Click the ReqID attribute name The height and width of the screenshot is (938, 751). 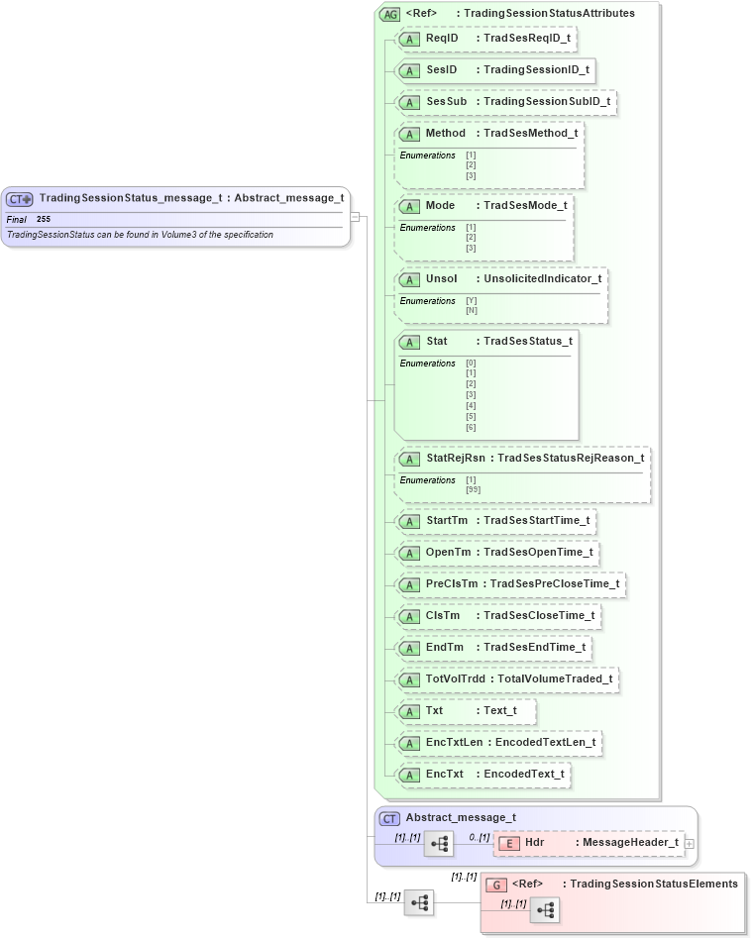click(442, 38)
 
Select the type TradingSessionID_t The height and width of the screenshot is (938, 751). click(536, 69)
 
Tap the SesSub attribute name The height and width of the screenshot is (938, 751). click(446, 101)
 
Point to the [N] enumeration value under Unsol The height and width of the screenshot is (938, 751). click(471, 310)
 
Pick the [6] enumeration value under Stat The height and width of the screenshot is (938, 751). click(471, 427)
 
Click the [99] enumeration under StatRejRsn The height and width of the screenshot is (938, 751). click(473, 489)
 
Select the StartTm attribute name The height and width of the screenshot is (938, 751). click(447, 520)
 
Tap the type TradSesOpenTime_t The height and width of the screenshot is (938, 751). click(538, 552)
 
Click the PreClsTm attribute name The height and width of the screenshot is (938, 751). click(452, 583)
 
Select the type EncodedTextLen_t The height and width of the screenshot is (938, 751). click(545, 742)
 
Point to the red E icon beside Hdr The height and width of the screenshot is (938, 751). click(508, 843)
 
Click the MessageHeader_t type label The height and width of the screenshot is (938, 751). click(630, 842)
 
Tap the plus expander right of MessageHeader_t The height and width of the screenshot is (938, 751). click(690, 843)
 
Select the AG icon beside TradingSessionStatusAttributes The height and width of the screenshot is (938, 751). click(389, 14)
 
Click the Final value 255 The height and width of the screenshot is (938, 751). click(44, 219)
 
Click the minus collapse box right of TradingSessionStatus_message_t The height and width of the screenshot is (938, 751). click(356, 216)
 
